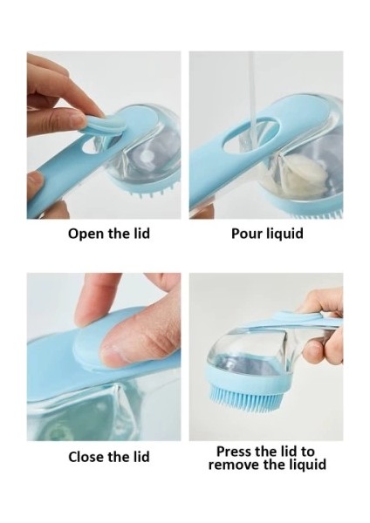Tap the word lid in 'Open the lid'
tap(140, 233)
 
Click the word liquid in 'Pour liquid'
tap(284, 234)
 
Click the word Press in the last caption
tap(233, 452)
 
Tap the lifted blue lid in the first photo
tap(106, 122)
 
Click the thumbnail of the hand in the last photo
tap(313, 351)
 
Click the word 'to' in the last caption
tap(307, 452)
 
